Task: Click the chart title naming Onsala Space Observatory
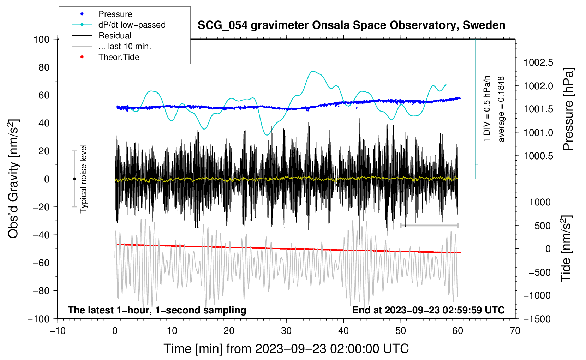(351, 25)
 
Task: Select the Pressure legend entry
(115, 14)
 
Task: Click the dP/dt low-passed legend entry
(132, 25)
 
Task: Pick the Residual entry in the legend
(115, 36)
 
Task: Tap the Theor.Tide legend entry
(119, 57)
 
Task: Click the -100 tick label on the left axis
(38, 319)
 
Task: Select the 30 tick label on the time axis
(286, 331)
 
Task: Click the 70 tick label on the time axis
(515, 331)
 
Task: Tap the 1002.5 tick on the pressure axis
(538, 63)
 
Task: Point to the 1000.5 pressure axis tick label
(538, 156)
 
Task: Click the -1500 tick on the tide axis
(537, 319)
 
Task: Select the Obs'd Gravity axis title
(13, 179)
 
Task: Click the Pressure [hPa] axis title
(568, 109)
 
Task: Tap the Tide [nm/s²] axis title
(566, 248)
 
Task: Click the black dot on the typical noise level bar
(74, 179)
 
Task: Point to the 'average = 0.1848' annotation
(501, 109)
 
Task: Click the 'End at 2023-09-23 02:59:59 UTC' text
(428, 310)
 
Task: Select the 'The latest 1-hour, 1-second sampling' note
(157, 310)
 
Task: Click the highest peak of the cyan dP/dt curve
(313, 72)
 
